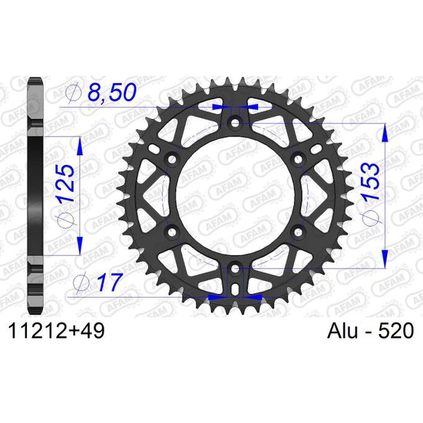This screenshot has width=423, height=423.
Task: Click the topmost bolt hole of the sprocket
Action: tap(235, 123)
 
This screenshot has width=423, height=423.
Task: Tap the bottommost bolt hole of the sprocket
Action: tap(235, 270)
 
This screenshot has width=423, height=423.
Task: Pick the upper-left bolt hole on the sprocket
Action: tap(171, 159)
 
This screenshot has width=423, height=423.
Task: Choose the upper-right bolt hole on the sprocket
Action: tap(298, 159)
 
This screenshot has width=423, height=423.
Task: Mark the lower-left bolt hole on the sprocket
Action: tap(171, 233)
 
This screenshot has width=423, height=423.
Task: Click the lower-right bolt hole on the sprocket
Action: tap(298, 233)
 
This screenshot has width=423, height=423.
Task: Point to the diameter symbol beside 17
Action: tap(82, 281)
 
